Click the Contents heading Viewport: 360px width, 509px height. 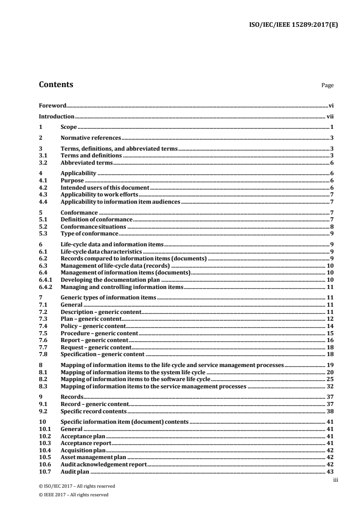tap(56, 85)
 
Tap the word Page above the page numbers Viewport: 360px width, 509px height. tap(327, 85)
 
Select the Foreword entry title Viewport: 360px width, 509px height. tap(53, 105)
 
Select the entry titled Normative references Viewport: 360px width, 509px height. tap(91, 138)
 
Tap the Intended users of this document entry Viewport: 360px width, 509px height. tap(105, 187)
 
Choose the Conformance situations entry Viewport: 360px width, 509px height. tap(93, 226)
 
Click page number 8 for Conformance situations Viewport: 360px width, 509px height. tap(332, 226)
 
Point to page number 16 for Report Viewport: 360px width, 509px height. tap(330, 340)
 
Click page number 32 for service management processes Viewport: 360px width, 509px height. tap(330, 387)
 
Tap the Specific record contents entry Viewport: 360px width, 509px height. tap(94, 411)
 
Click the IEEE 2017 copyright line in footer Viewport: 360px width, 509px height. tap(74, 494)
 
